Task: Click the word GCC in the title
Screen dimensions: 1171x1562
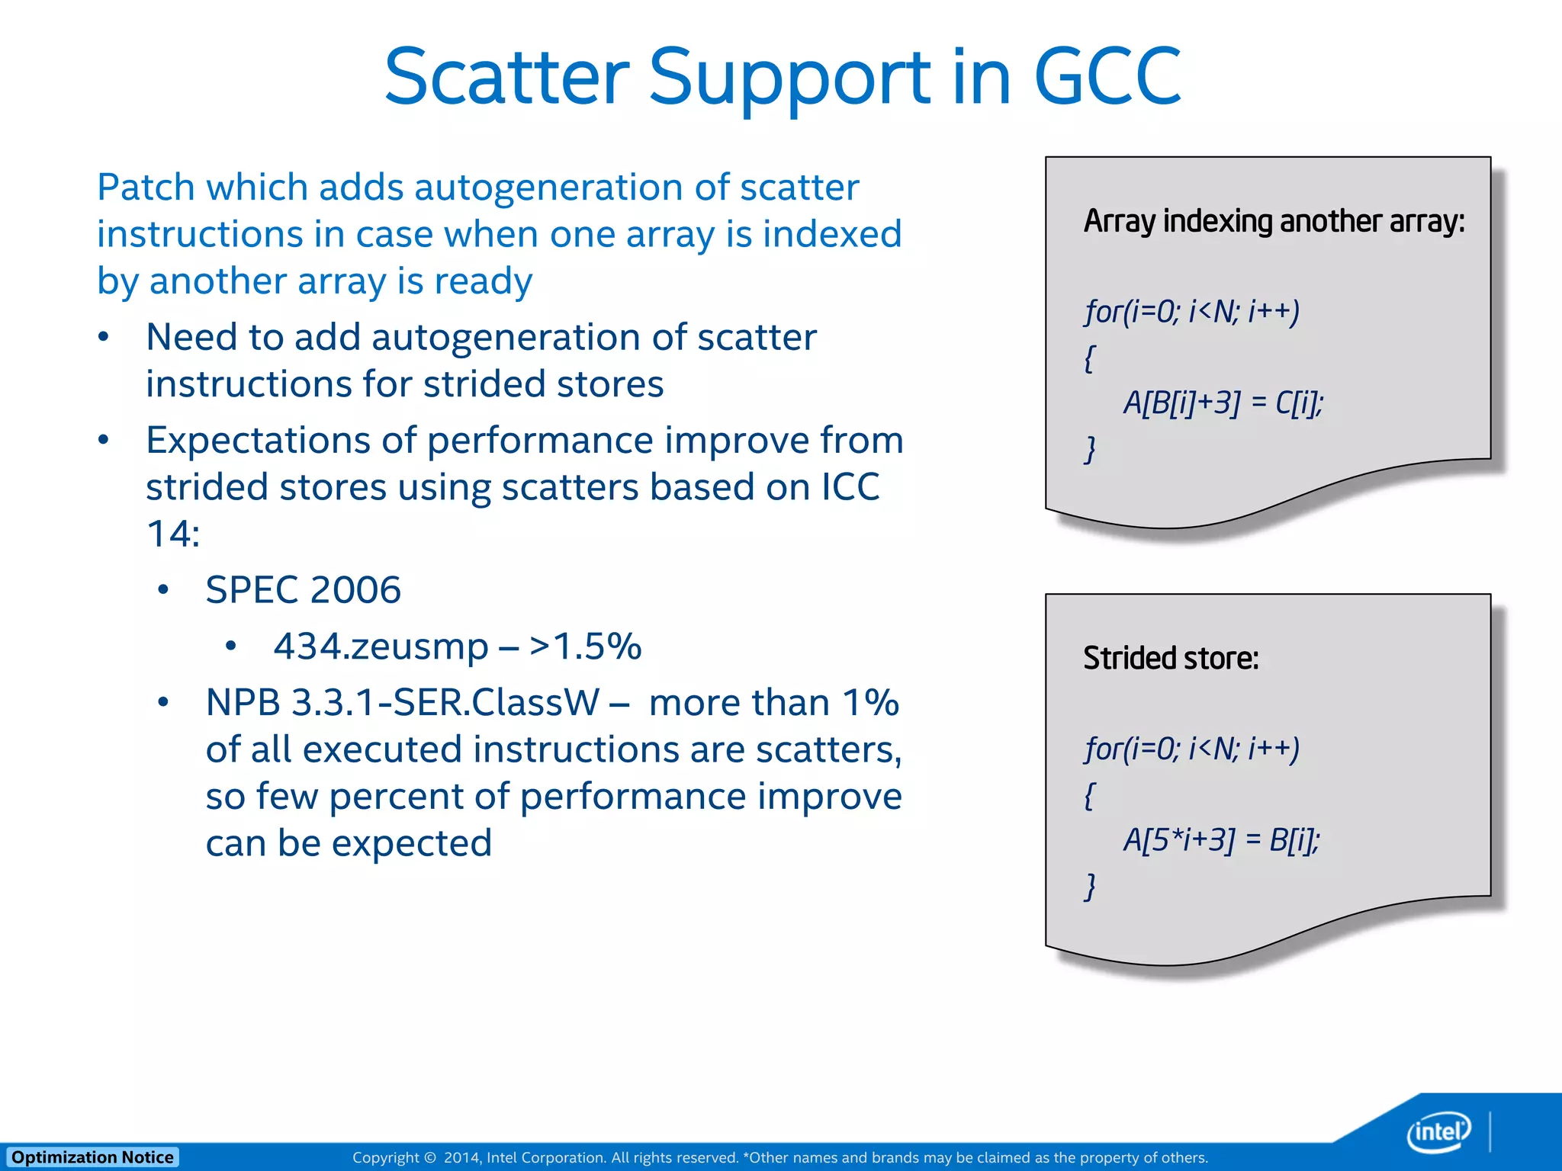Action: (x=1107, y=76)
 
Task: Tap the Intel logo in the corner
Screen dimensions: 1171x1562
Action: (x=1438, y=1131)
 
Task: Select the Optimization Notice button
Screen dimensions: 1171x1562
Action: (x=92, y=1157)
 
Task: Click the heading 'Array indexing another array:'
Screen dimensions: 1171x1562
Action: (x=1274, y=221)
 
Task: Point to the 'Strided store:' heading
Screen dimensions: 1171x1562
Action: (x=1171, y=658)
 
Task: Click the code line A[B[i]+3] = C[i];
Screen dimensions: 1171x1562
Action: (x=1223, y=403)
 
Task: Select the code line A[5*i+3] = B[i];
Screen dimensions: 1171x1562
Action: (x=1221, y=839)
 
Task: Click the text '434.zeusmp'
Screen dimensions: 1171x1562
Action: (x=381, y=646)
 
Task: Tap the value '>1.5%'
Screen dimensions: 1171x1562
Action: (x=586, y=646)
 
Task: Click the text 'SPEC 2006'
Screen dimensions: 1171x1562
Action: (x=303, y=590)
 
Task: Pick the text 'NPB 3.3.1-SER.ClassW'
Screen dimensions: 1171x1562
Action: (x=403, y=702)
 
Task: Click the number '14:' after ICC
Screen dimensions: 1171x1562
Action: (x=173, y=534)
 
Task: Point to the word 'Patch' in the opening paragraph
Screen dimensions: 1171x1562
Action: (x=146, y=188)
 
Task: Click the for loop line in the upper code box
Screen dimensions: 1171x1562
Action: (x=1191, y=311)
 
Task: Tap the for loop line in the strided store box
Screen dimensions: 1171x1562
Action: (x=1191, y=749)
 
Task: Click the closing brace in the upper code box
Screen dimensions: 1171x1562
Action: (x=1090, y=449)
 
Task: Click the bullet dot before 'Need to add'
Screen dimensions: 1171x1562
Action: (x=104, y=337)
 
